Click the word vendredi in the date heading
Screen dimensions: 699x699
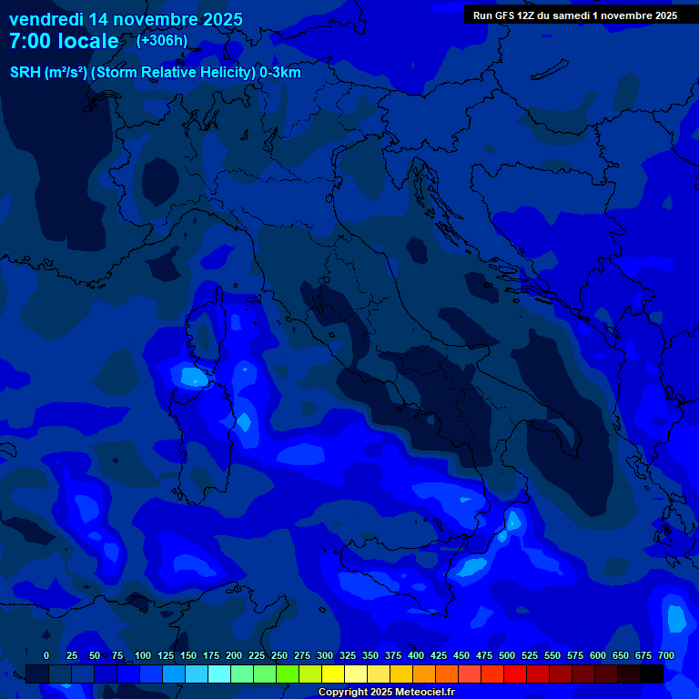[x=45, y=19]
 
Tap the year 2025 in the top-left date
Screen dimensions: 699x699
[x=218, y=19]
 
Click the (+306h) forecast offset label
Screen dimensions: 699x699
[x=162, y=40]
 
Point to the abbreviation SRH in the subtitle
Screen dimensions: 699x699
[x=25, y=73]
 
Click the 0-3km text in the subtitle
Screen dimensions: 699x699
[x=279, y=73]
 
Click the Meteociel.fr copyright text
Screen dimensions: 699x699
[x=386, y=693]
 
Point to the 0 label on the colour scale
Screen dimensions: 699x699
[x=46, y=655]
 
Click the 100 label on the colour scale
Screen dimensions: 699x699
[x=143, y=655]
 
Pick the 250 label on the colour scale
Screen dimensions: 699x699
[x=279, y=655]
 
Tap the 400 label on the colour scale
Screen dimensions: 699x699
[x=416, y=655]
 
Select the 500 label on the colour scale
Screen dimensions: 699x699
[x=507, y=655]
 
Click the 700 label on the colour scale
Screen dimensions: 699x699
[x=666, y=655]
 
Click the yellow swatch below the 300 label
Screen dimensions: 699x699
[x=333, y=674]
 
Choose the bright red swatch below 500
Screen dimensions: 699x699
[x=515, y=674]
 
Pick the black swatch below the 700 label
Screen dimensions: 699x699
[x=652, y=674]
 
